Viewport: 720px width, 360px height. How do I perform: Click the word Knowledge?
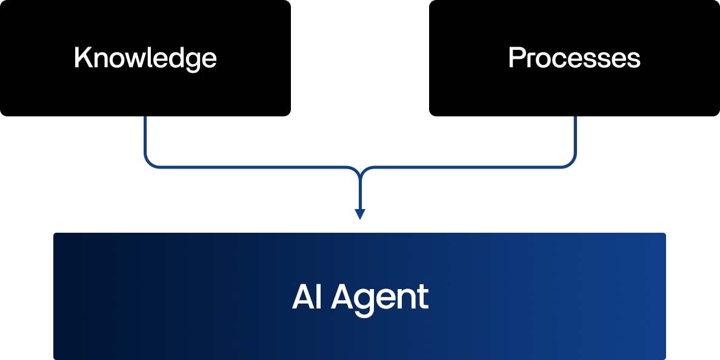point(145,58)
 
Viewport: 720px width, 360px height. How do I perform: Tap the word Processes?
point(574,58)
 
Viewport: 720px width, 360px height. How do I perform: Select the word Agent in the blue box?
point(379,297)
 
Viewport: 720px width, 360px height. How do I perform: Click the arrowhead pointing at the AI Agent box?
point(360,214)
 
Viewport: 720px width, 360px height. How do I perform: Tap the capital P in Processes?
point(515,58)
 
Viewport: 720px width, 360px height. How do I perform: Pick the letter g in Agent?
point(364,300)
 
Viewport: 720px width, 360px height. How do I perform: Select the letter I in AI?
point(318,297)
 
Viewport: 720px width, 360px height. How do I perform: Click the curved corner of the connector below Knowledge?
point(149,162)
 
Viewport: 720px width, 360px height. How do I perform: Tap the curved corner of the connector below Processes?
point(571,162)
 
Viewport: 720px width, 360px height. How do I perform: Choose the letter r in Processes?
point(528,59)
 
